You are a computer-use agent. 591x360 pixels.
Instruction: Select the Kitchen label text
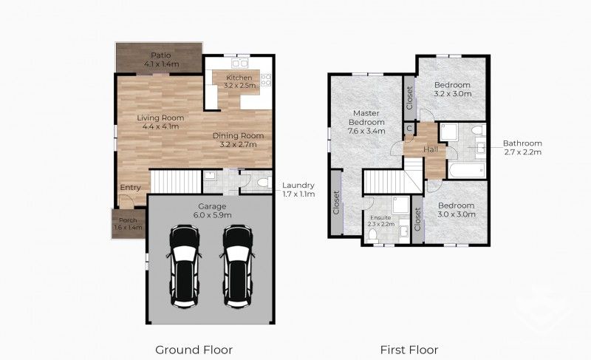pyautogui.click(x=240, y=78)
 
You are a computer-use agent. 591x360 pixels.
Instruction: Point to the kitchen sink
pyautogui.click(x=232, y=61)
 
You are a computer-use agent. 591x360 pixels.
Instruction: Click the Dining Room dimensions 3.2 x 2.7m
pyautogui.click(x=238, y=145)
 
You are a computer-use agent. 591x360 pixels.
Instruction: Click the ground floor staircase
pyautogui.click(x=176, y=180)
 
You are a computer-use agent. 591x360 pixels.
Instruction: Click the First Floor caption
pyautogui.click(x=409, y=349)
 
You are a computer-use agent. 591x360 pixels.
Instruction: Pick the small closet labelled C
pyautogui.click(x=409, y=128)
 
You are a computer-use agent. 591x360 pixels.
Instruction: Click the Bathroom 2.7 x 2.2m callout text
pyautogui.click(x=522, y=148)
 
